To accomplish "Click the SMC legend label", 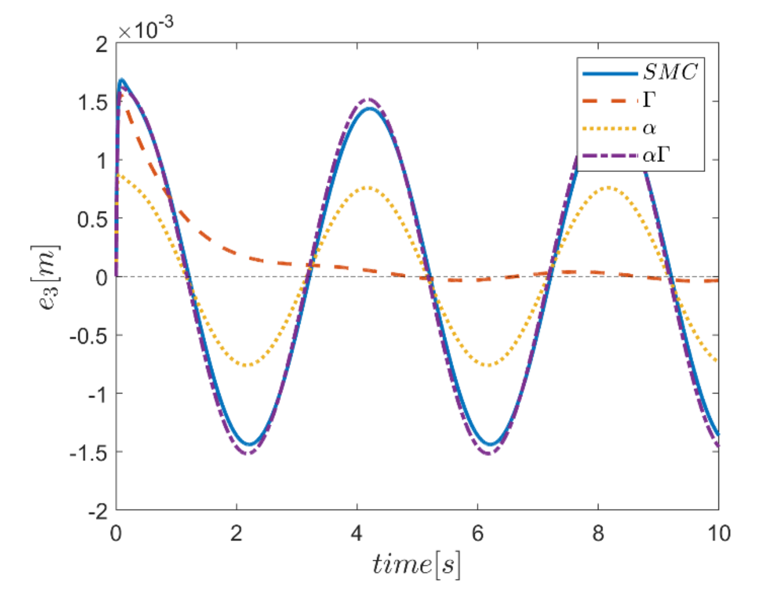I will (670, 72).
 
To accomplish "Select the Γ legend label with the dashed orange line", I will (649, 100).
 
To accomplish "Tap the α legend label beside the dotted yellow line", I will (649, 129).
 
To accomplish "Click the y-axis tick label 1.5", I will (93, 102).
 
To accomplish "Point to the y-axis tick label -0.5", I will (88, 336).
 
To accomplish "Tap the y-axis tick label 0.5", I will (93, 219).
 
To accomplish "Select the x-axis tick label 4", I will (356, 534).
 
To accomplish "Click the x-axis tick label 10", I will (719, 534).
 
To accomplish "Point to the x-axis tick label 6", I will (478, 534).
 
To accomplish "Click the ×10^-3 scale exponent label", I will (145, 29).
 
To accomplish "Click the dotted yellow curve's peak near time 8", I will (608, 188).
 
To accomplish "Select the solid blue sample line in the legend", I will (610, 74).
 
